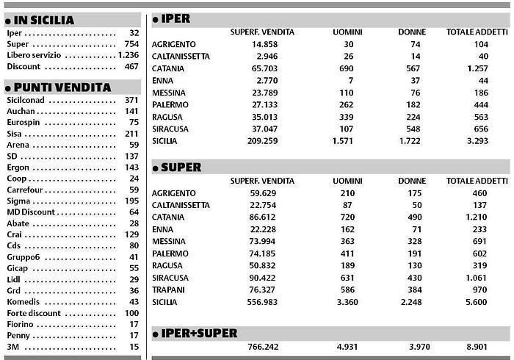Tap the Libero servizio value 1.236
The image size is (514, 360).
click(128, 55)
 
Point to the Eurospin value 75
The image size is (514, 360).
click(134, 122)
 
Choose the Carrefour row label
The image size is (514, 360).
click(28, 190)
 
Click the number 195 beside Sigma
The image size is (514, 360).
click(131, 201)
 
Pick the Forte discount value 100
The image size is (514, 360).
click(131, 313)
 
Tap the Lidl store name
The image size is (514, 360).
click(15, 279)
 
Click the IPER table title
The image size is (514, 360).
click(175, 20)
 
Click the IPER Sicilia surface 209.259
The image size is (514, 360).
click(263, 140)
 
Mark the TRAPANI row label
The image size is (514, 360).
click(170, 289)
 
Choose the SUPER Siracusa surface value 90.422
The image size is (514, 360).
click(263, 278)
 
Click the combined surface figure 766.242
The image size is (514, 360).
click(263, 347)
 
